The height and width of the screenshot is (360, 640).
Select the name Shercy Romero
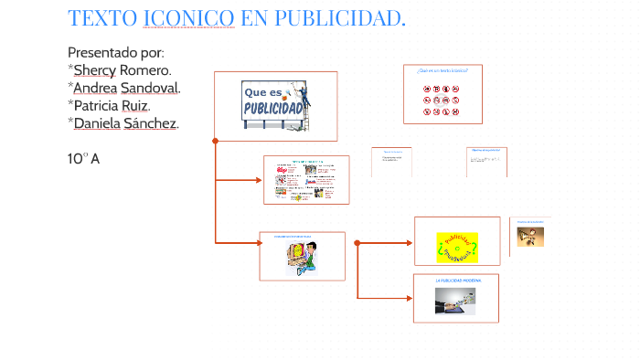click(123, 69)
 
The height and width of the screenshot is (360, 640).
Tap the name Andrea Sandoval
click(126, 87)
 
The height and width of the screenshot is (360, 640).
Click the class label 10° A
click(83, 159)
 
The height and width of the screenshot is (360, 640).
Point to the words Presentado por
click(116, 52)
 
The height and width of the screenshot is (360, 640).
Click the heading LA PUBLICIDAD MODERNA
click(457, 281)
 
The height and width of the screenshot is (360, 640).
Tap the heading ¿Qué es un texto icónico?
click(443, 69)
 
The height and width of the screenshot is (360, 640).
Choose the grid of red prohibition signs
click(442, 101)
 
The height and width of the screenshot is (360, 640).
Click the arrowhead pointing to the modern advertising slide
click(409, 298)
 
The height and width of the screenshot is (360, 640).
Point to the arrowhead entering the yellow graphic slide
click(409, 242)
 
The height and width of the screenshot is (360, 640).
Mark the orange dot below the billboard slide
click(215, 141)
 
